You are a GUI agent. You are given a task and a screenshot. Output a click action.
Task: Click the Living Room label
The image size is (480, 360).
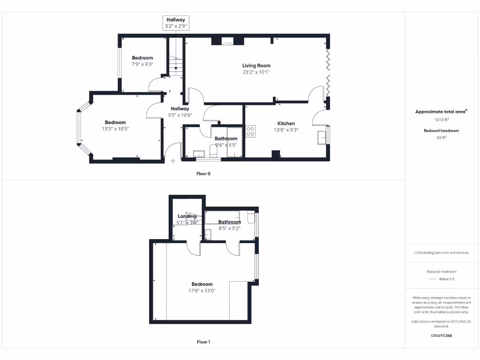click(256, 66)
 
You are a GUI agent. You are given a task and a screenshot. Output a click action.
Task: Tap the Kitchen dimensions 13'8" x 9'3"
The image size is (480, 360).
click(286, 130)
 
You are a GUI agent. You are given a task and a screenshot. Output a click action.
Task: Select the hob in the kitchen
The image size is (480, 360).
click(250, 131)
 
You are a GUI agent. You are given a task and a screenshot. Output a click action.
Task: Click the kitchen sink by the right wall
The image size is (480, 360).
click(322, 136)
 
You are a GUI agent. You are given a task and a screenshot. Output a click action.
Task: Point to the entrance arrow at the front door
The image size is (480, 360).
click(173, 162)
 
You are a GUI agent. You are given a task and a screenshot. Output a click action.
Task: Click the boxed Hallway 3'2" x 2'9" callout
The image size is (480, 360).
click(176, 23)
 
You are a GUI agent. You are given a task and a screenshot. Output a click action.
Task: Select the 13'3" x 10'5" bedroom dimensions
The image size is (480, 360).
click(115, 129)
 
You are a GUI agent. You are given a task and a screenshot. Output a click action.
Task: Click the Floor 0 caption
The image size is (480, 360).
click(203, 173)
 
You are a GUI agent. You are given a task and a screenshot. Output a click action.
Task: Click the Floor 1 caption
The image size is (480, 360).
click(203, 342)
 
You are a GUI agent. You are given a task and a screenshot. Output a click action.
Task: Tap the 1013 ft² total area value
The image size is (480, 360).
click(441, 120)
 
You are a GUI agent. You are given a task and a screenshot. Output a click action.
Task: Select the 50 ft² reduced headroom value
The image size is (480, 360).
click(441, 137)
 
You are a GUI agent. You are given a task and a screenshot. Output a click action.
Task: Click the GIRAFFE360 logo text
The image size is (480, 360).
click(441, 336)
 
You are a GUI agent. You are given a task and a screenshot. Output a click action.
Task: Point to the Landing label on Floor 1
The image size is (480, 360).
click(187, 216)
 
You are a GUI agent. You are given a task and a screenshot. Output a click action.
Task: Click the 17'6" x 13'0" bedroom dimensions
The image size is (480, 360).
click(202, 291)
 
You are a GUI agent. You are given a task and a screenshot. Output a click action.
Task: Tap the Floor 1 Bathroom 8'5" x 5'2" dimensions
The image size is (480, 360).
click(229, 228)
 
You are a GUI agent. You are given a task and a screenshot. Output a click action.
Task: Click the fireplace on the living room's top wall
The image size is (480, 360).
click(227, 42)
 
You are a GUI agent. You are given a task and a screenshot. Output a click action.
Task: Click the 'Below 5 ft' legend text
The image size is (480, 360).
click(447, 279)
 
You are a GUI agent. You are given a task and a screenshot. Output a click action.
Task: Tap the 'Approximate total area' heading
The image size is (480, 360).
click(440, 112)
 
